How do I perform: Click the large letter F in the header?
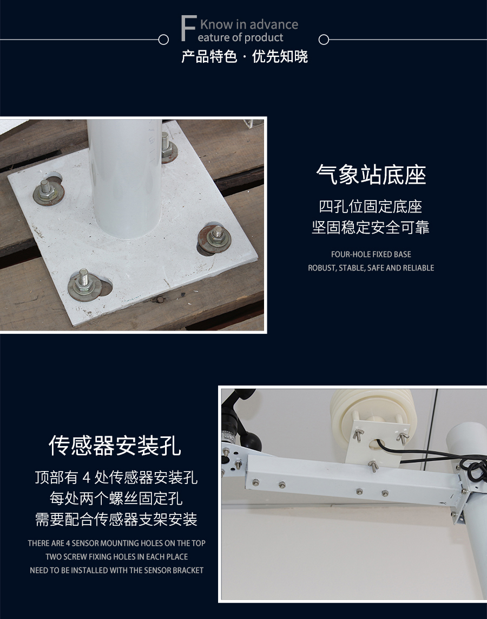[188, 28]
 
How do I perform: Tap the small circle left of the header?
[163, 40]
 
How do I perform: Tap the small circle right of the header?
[324, 40]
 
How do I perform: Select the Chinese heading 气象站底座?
[371, 175]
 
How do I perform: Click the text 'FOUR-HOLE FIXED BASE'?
[371, 254]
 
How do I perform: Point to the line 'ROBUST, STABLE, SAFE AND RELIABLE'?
[371, 268]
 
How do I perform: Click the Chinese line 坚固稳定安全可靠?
[370, 227]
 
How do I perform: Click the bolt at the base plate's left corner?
[49, 191]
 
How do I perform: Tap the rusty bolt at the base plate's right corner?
[215, 239]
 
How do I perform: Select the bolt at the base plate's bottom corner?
[84, 283]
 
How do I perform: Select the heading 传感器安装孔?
[115, 446]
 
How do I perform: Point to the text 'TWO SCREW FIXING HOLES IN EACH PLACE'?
[117, 557]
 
